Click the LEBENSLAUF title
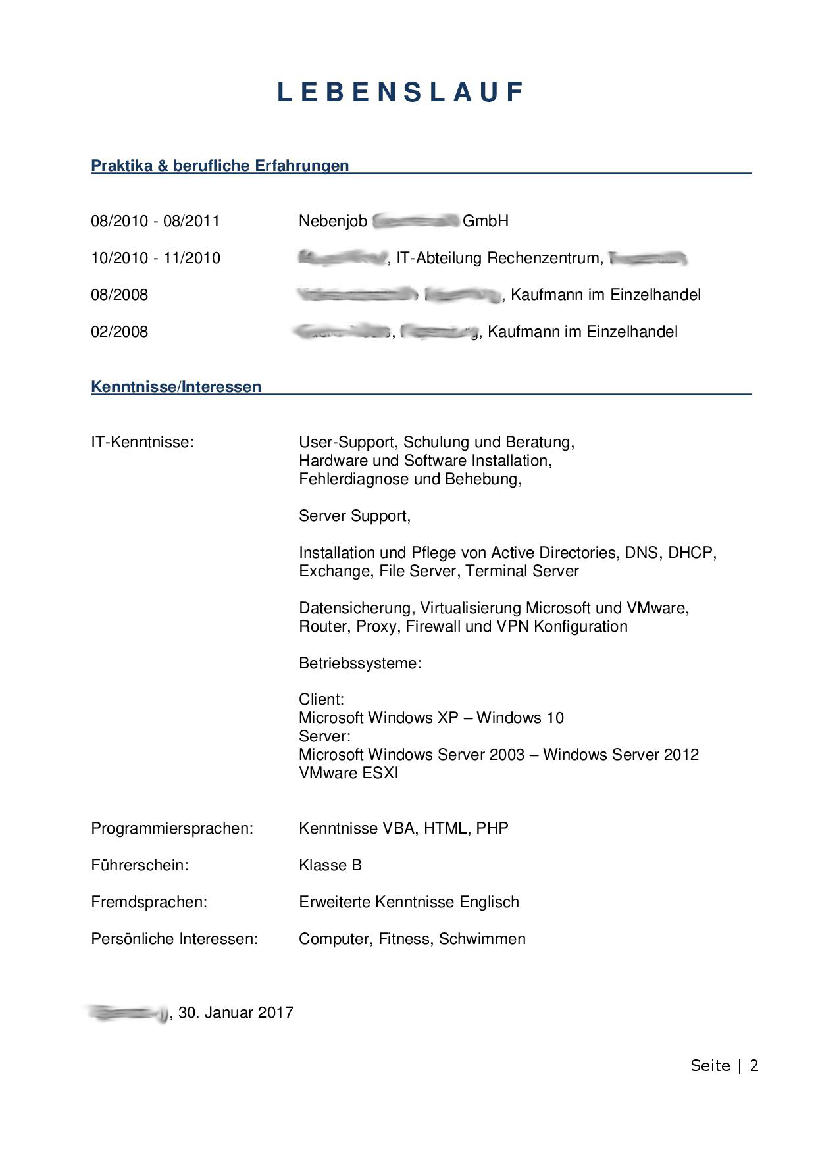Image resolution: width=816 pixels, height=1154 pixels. coord(400,92)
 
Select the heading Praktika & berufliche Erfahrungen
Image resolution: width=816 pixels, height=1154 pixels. coord(220,166)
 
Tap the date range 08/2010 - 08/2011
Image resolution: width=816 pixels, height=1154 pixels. coord(155,221)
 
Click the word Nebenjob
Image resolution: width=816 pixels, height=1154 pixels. coord(332,221)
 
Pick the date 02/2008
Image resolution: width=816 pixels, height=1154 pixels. coord(120,332)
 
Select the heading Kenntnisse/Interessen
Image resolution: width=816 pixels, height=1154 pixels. coord(176,387)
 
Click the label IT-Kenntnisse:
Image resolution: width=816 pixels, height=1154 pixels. coord(143,442)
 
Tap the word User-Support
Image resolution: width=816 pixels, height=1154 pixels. coord(347,442)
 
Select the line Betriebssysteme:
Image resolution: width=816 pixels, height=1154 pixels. coord(360,663)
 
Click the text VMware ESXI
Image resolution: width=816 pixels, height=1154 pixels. coord(349,773)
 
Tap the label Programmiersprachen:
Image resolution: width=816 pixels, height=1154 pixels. coord(172,828)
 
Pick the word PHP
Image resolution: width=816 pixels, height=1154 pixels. coord(492,828)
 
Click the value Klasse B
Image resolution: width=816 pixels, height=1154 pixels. coord(330,865)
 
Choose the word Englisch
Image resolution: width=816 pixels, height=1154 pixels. coord(489,902)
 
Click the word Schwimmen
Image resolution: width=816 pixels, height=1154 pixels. coord(482,939)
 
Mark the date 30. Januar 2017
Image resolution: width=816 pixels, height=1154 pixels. coord(236,1013)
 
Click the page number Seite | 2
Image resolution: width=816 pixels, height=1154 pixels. coord(725,1066)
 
